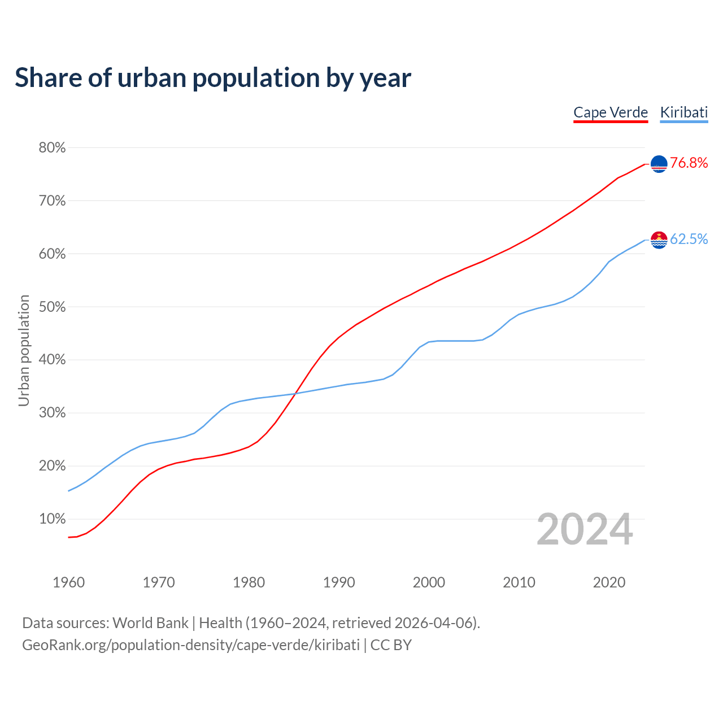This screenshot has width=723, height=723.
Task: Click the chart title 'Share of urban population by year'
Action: click(x=213, y=78)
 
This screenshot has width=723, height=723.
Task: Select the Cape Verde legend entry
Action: click(x=611, y=112)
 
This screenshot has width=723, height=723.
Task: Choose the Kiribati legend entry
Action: click(x=683, y=112)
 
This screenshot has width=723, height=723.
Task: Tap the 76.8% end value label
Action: click(x=689, y=163)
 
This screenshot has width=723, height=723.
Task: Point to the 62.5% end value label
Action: click(x=689, y=239)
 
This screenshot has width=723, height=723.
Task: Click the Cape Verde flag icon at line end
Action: click(x=659, y=164)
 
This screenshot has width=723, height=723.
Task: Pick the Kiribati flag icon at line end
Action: click(x=659, y=240)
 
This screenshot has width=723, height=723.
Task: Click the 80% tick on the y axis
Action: click(x=52, y=148)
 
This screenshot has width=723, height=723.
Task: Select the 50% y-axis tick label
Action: click(x=52, y=307)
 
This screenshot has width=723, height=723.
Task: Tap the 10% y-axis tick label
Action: click(x=52, y=519)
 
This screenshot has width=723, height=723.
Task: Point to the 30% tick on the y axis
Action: click(x=52, y=413)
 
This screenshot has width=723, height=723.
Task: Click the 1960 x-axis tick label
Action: click(x=69, y=582)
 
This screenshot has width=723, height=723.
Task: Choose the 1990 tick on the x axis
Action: click(x=339, y=582)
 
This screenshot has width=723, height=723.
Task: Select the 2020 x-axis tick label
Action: click(x=609, y=582)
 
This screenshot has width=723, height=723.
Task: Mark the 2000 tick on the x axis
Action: click(x=429, y=582)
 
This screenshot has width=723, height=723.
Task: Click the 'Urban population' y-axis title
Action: click(x=24, y=350)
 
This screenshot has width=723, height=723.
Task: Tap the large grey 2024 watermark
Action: click(x=585, y=530)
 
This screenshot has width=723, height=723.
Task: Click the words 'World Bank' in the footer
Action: click(x=150, y=623)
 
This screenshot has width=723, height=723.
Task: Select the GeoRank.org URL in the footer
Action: click(x=191, y=645)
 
